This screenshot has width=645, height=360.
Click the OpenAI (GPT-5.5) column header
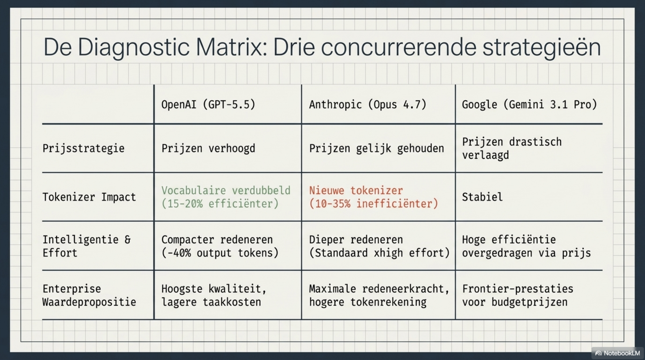208,105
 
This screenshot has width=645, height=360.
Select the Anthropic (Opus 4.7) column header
368,105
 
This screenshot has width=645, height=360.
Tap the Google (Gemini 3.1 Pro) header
530,105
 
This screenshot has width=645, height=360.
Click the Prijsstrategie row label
84,148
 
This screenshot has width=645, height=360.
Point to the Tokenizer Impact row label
89,197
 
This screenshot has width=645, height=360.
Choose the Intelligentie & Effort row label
87,246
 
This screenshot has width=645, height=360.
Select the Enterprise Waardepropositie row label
89,295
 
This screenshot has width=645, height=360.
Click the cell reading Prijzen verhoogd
208,148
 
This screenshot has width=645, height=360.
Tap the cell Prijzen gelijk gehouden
376,148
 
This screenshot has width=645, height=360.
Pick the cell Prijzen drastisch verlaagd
512,148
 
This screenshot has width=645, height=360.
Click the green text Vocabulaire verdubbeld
226,190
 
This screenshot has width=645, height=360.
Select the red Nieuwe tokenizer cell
374,197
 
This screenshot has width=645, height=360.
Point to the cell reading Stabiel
482,197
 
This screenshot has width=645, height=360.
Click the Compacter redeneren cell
220,246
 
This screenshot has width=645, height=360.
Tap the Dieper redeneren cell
379,246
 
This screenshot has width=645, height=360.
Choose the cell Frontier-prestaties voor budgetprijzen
518,295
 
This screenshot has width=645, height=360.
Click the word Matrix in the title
231,47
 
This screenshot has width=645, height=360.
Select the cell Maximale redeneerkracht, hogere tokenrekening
379,295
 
